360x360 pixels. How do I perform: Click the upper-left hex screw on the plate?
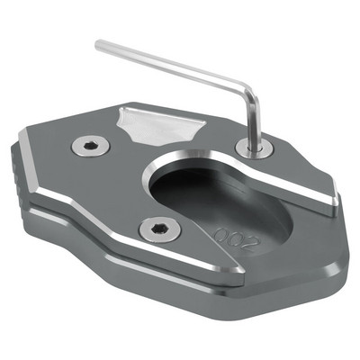coord(89,144)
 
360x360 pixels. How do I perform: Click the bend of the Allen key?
coord(253,84)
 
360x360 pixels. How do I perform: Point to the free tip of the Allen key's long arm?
coord(99,43)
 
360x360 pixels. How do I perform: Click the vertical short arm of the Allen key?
coord(255,112)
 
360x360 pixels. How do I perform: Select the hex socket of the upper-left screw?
coord(89,144)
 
